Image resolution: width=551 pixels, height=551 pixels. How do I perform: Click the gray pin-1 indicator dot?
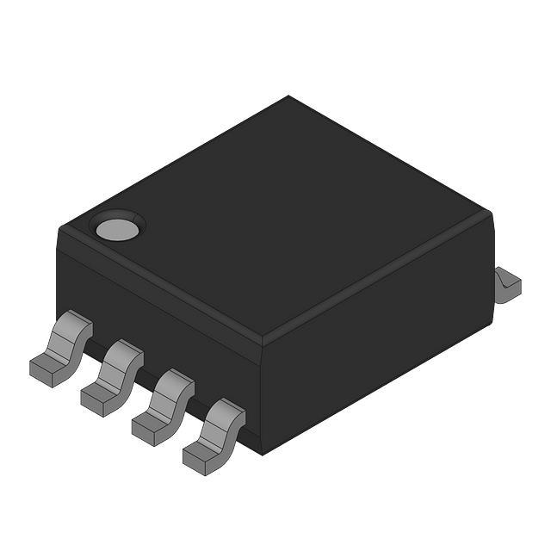(117, 228)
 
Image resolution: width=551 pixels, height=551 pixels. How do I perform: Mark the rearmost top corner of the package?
(288, 96)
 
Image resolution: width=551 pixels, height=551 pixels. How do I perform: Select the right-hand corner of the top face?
(491, 215)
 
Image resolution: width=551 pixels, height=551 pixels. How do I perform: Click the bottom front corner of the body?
(258, 453)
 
